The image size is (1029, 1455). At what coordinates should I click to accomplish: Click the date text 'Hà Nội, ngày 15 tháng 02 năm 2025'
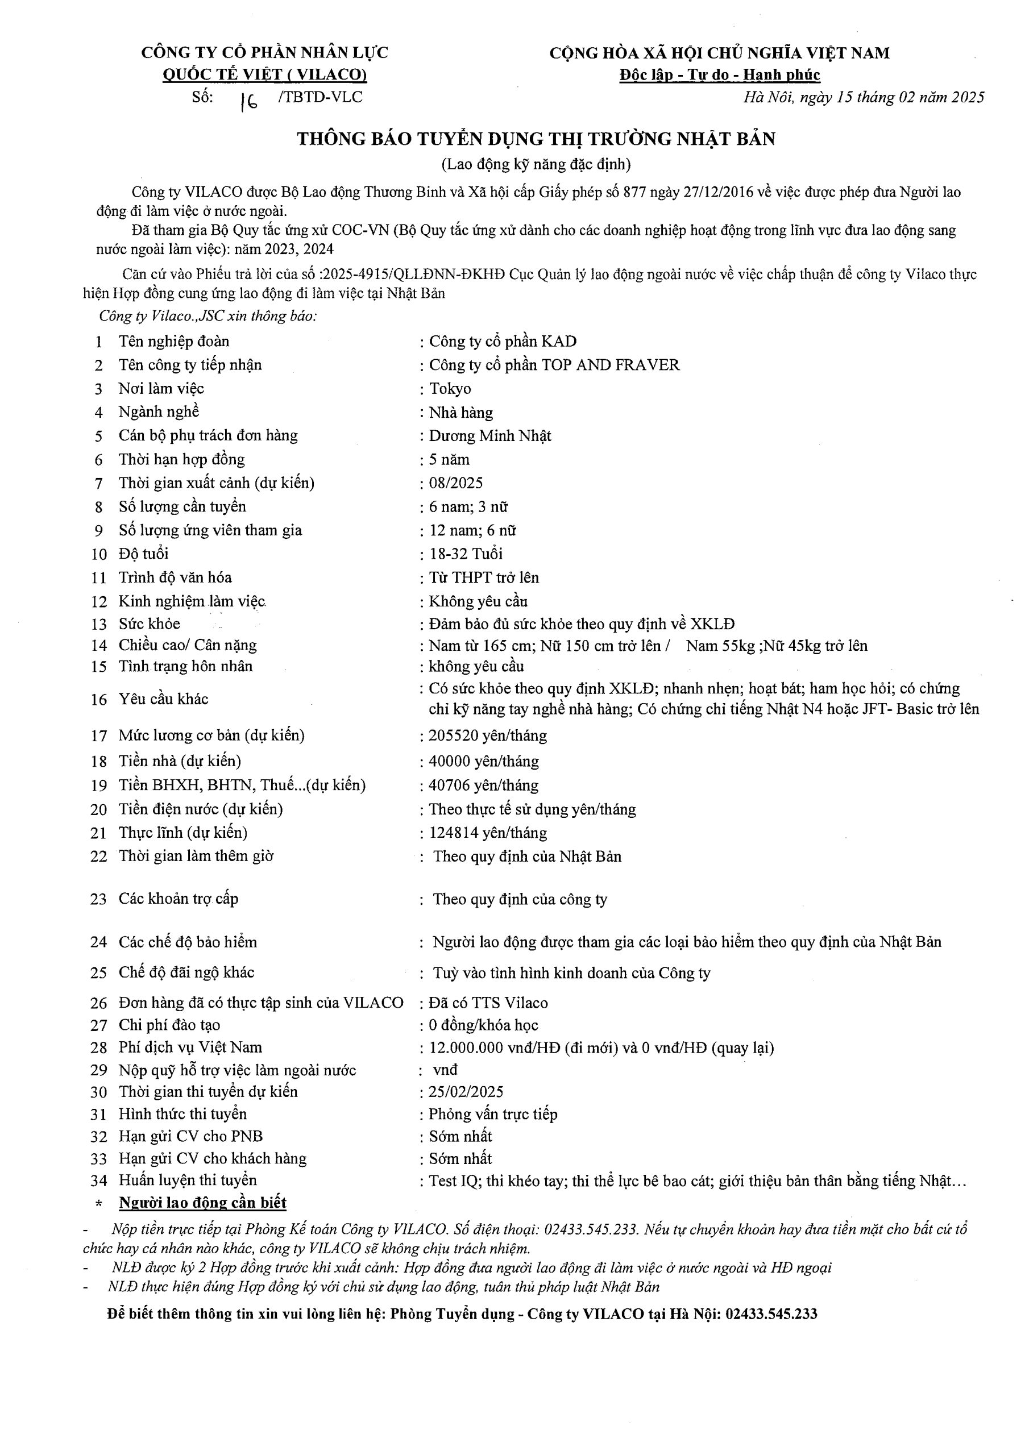864,97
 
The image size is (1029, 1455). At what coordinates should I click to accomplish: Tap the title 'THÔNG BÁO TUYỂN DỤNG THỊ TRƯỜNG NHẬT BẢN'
536,139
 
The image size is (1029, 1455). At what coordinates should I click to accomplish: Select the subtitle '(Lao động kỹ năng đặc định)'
536,165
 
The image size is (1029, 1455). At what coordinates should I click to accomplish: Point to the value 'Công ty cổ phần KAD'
503,342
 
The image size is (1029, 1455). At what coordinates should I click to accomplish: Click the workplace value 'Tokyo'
450,388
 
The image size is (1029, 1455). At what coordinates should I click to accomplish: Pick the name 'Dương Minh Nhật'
490,436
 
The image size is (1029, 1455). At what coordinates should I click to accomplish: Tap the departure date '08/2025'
456,483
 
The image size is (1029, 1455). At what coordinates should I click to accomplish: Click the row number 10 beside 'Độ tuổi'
99,555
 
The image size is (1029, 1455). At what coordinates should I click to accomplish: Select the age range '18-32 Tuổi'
466,554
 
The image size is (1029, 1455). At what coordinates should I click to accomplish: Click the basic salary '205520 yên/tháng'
488,735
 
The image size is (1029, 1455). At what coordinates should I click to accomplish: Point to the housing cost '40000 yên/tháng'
484,761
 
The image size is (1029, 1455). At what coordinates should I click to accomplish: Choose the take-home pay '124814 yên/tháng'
488,833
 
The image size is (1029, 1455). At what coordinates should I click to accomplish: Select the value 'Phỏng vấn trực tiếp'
493,1114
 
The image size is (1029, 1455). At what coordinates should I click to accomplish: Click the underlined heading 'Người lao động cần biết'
203,1203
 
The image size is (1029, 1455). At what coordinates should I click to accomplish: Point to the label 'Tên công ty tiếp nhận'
190,365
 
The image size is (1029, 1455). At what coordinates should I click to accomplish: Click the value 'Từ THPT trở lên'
484,577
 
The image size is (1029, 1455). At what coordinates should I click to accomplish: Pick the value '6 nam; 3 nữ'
468,507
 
